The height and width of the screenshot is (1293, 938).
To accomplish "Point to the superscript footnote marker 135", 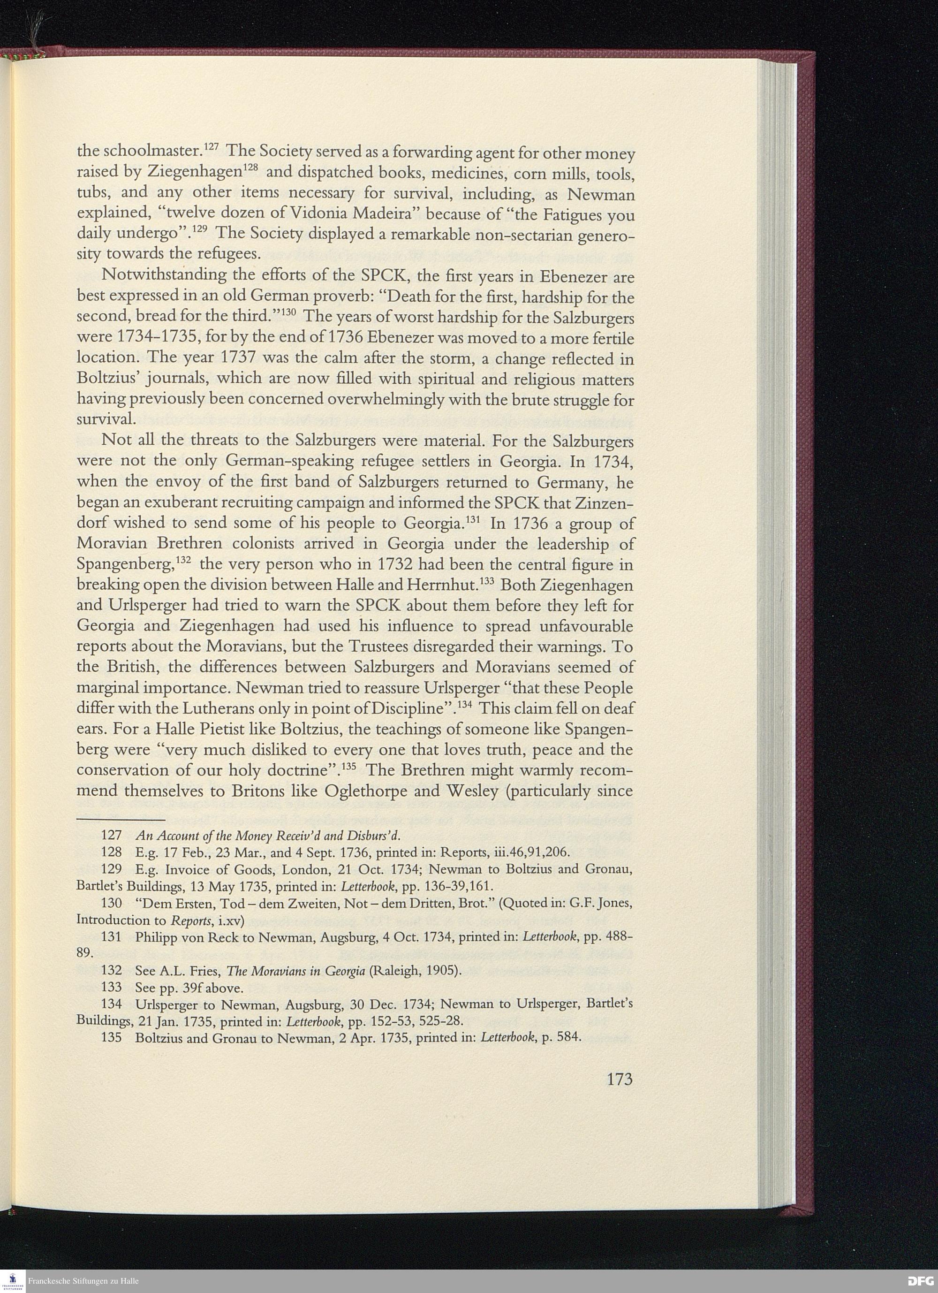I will (351, 765).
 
